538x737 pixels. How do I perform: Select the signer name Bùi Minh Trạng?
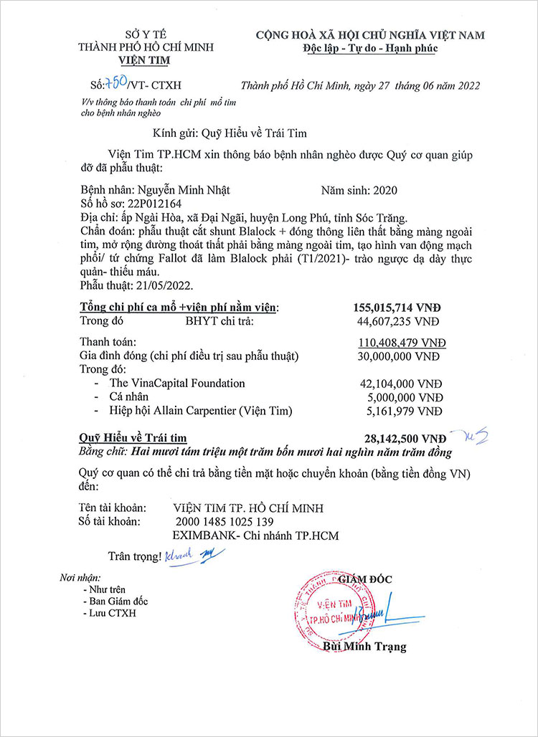coord(364,647)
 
